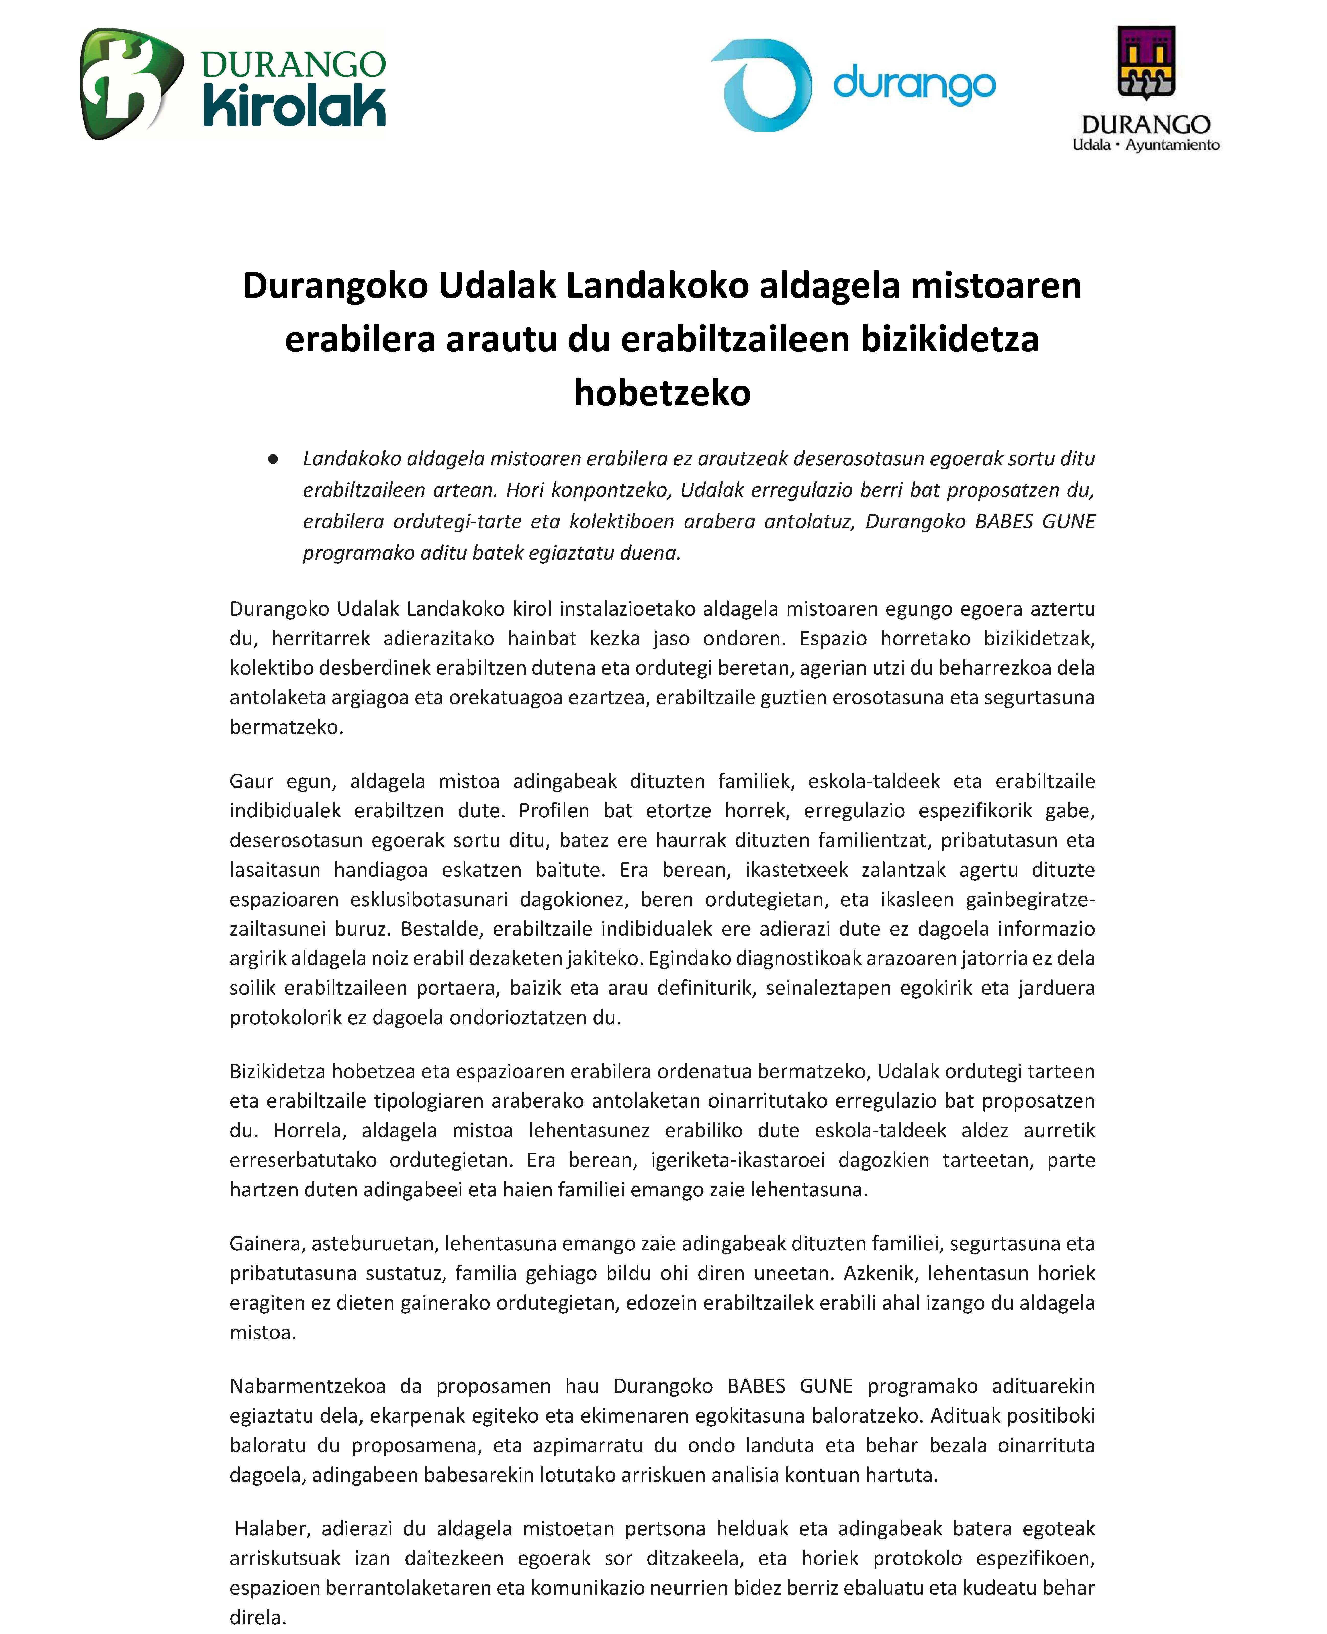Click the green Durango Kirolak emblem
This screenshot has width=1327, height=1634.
pyautogui.click(x=130, y=84)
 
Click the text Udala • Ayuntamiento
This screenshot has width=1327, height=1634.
pyautogui.click(x=1146, y=145)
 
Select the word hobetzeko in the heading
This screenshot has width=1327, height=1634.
pyautogui.click(x=662, y=393)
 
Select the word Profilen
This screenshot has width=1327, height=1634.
pyautogui.click(x=554, y=811)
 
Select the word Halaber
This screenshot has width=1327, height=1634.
pyautogui.click(x=271, y=1529)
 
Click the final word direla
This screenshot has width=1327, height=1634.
pyautogui.click(x=258, y=1617)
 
